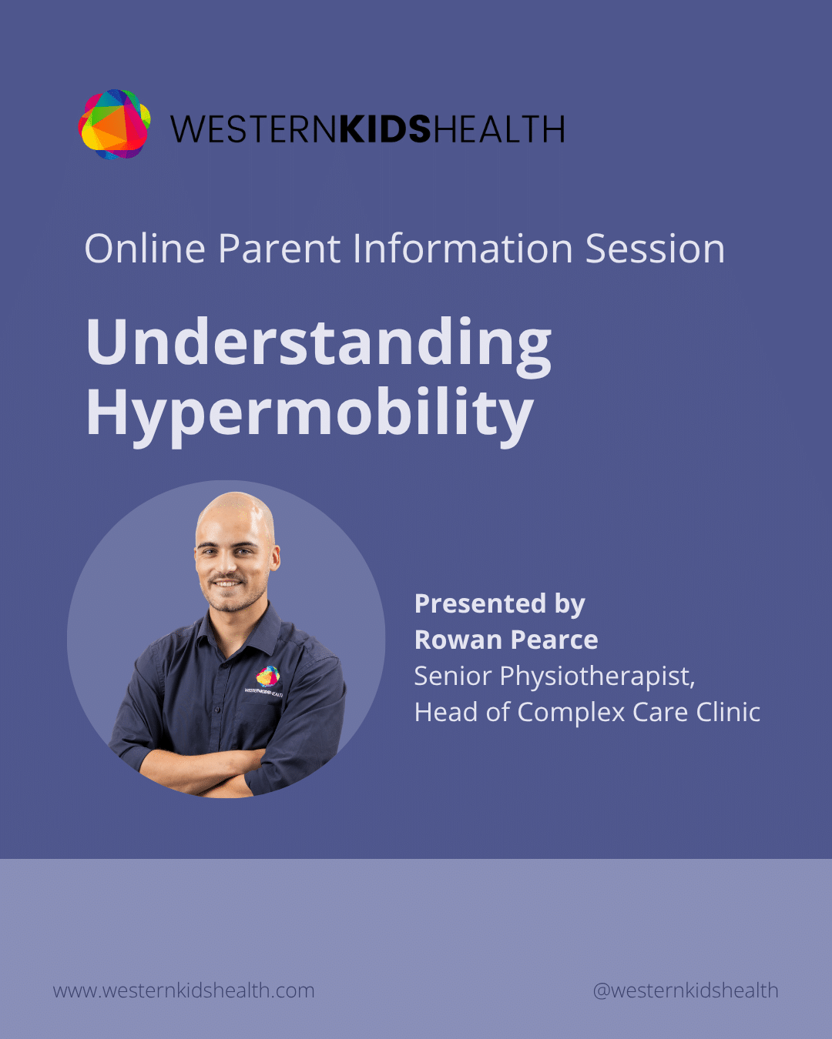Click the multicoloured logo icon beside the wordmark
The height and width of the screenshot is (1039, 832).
click(x=114, y=125)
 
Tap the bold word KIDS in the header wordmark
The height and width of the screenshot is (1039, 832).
click(x=385, y=129)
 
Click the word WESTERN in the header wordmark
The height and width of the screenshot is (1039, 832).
click(x=253, y=129)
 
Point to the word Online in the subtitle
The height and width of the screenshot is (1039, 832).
click(x=145, y=249)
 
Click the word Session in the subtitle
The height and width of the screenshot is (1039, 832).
click(x=655, y=249)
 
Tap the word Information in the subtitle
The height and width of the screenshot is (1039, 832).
click(x=463, y=249)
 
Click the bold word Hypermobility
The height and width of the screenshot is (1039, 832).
click(x=310, y=416)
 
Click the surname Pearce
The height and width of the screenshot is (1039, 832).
click(x=555, y=640)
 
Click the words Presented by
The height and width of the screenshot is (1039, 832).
click(x=500, y=605)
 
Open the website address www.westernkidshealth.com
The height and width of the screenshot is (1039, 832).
click(x=183, y=991)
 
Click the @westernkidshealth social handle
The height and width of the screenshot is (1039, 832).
click(x=686, y=991)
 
